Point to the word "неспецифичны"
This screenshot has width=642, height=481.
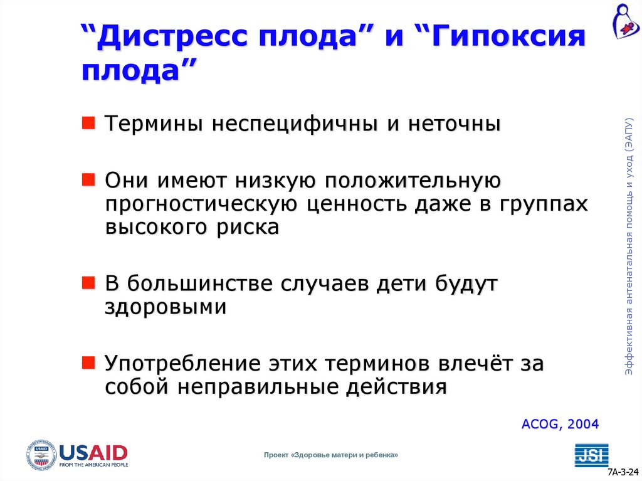295,124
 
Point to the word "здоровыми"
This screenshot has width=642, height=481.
166,307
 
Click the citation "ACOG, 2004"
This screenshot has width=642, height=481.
560,424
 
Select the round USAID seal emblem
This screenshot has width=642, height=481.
41,455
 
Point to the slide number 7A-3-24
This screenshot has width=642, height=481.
623,472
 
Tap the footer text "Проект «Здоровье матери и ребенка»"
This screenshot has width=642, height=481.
330,455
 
